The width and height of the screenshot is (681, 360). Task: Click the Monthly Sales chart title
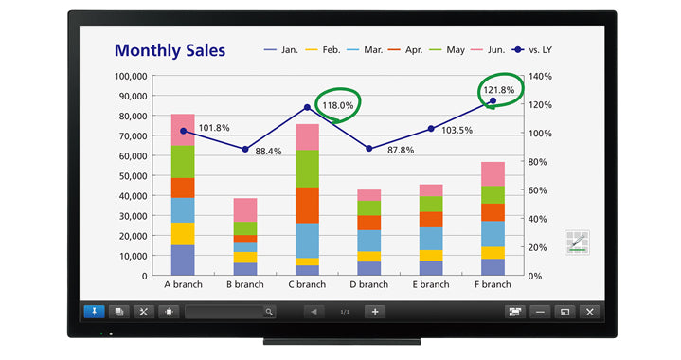pyautogui.click(x=170, y=50)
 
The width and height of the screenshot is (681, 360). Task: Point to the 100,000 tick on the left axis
pyautogui.click(x=130, y=76)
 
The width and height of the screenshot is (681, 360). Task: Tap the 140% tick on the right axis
pyautogui.click(x=541, y=76)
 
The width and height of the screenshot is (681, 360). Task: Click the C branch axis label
pyautogui.click(x=306, y=284)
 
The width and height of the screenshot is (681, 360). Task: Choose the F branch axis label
pyautogui.click(x=493, y=284)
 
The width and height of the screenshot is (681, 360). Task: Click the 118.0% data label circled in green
pyautogui.click(x=338, y=106)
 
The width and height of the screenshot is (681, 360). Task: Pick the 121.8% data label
pyautogui.click(x=498, y=90)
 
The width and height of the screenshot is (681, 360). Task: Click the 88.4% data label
pyautogui.click(x=267, y=151)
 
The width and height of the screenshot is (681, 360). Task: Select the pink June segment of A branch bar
pyautogui.click(x=183, y=130)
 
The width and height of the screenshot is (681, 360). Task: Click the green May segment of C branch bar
pyautogui.click(x=306, y=169)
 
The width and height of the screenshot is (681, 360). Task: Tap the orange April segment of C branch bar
pyautogui.click(x=306, y=205)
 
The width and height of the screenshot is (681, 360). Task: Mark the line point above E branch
pyautogui.click(x=431, y=129)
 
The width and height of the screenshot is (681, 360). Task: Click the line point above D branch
pyautogui.click(x=368, y=149)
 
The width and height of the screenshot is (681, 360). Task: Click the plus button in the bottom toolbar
pyautogui.click(x=375, y=311)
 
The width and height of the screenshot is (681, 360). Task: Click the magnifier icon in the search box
pyautogui.click(x=269, y=311)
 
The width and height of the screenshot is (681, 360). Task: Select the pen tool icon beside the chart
pyautogui.click(x=577, y=242)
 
